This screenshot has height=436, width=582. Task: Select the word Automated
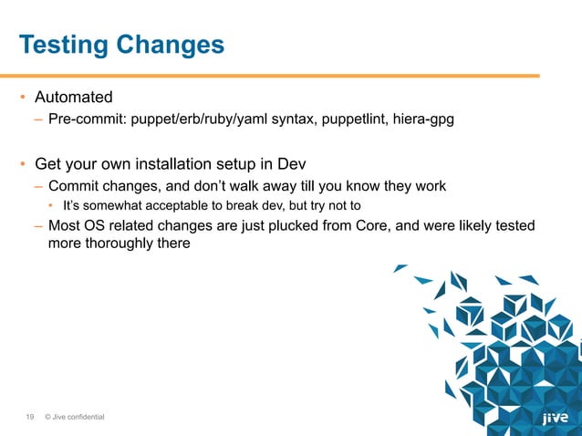click(x=74, y=97)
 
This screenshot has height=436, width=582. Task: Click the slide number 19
click(x=29, y=418)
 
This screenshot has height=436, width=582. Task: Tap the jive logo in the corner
click(x=555, y=419)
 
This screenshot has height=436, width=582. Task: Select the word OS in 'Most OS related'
click(x=96, y=225)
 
